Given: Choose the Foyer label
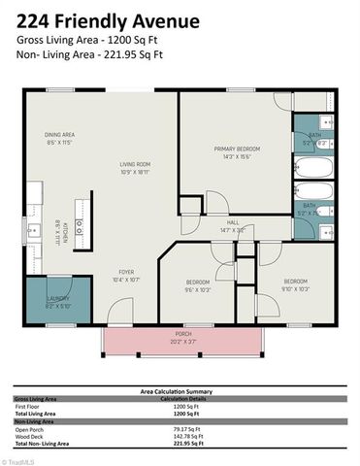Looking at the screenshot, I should (x=126, y=275).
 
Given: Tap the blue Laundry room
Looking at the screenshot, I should (x=58, y=302).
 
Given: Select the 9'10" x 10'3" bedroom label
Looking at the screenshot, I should (x=294, y=284).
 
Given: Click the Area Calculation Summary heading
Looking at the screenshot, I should (x=179, y=391).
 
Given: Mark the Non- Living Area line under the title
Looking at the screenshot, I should (x=89, y=55).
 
